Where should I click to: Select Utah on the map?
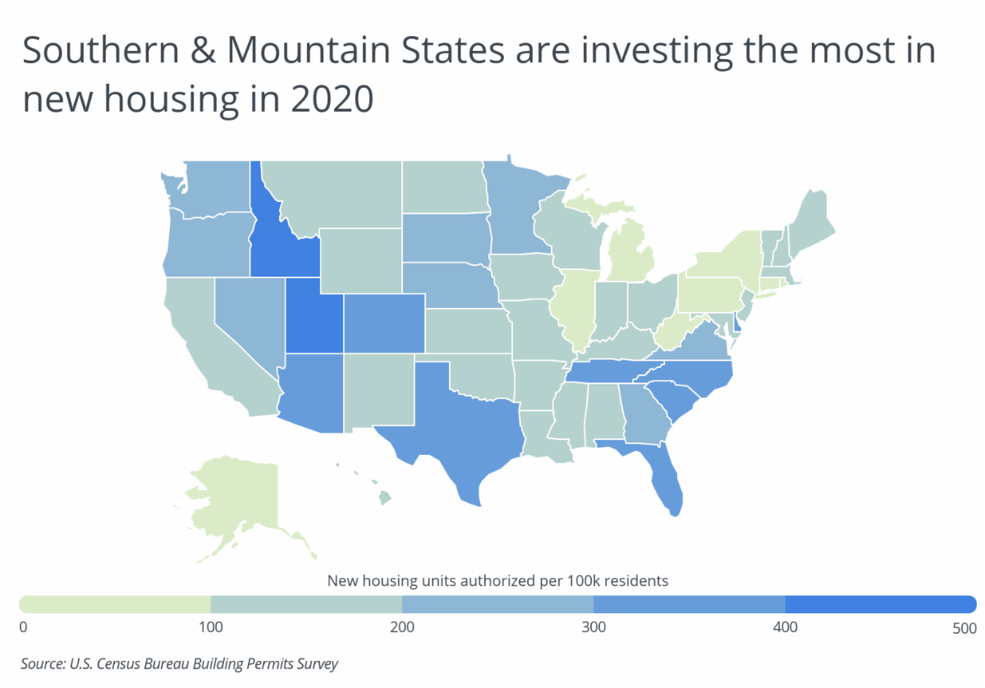pos(314,321)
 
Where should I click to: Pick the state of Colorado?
pos(384,323)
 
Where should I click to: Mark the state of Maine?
pos(811,224)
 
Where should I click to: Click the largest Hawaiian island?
pos(385,498)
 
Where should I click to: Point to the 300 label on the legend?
pos(593,627)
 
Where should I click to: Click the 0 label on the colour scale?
pos(23,627)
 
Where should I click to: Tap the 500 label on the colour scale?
pos(964,628)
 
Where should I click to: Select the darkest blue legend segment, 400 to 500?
pos(881,604)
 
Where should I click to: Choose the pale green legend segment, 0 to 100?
pos(115,604)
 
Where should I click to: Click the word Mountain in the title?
pos(309,50)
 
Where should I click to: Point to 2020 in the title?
pos(332,99)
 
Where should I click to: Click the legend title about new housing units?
pos(497,581)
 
